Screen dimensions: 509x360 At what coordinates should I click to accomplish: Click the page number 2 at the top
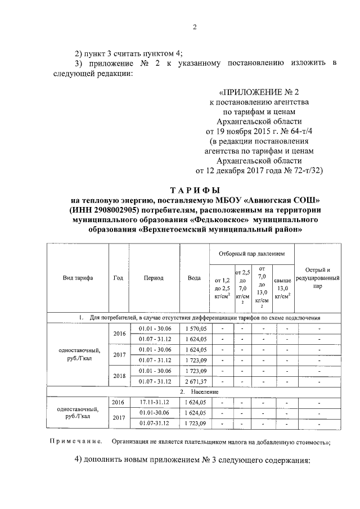tap(194, 28)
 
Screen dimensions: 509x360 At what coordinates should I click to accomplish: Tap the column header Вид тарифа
tap(78, 278)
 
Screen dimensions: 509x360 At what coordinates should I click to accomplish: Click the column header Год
tap(118, 278)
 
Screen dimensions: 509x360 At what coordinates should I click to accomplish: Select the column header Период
tap(154, 278)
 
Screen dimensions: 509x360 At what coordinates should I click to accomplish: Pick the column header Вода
tap(194, 278)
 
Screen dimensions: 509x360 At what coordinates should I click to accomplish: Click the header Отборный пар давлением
tap(251, 254)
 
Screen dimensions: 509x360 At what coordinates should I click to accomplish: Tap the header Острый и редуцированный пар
tap(317, 277)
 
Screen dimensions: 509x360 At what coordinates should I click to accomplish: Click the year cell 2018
tap(119, 376)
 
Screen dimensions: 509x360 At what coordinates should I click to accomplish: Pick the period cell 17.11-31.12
tap(154, 402)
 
